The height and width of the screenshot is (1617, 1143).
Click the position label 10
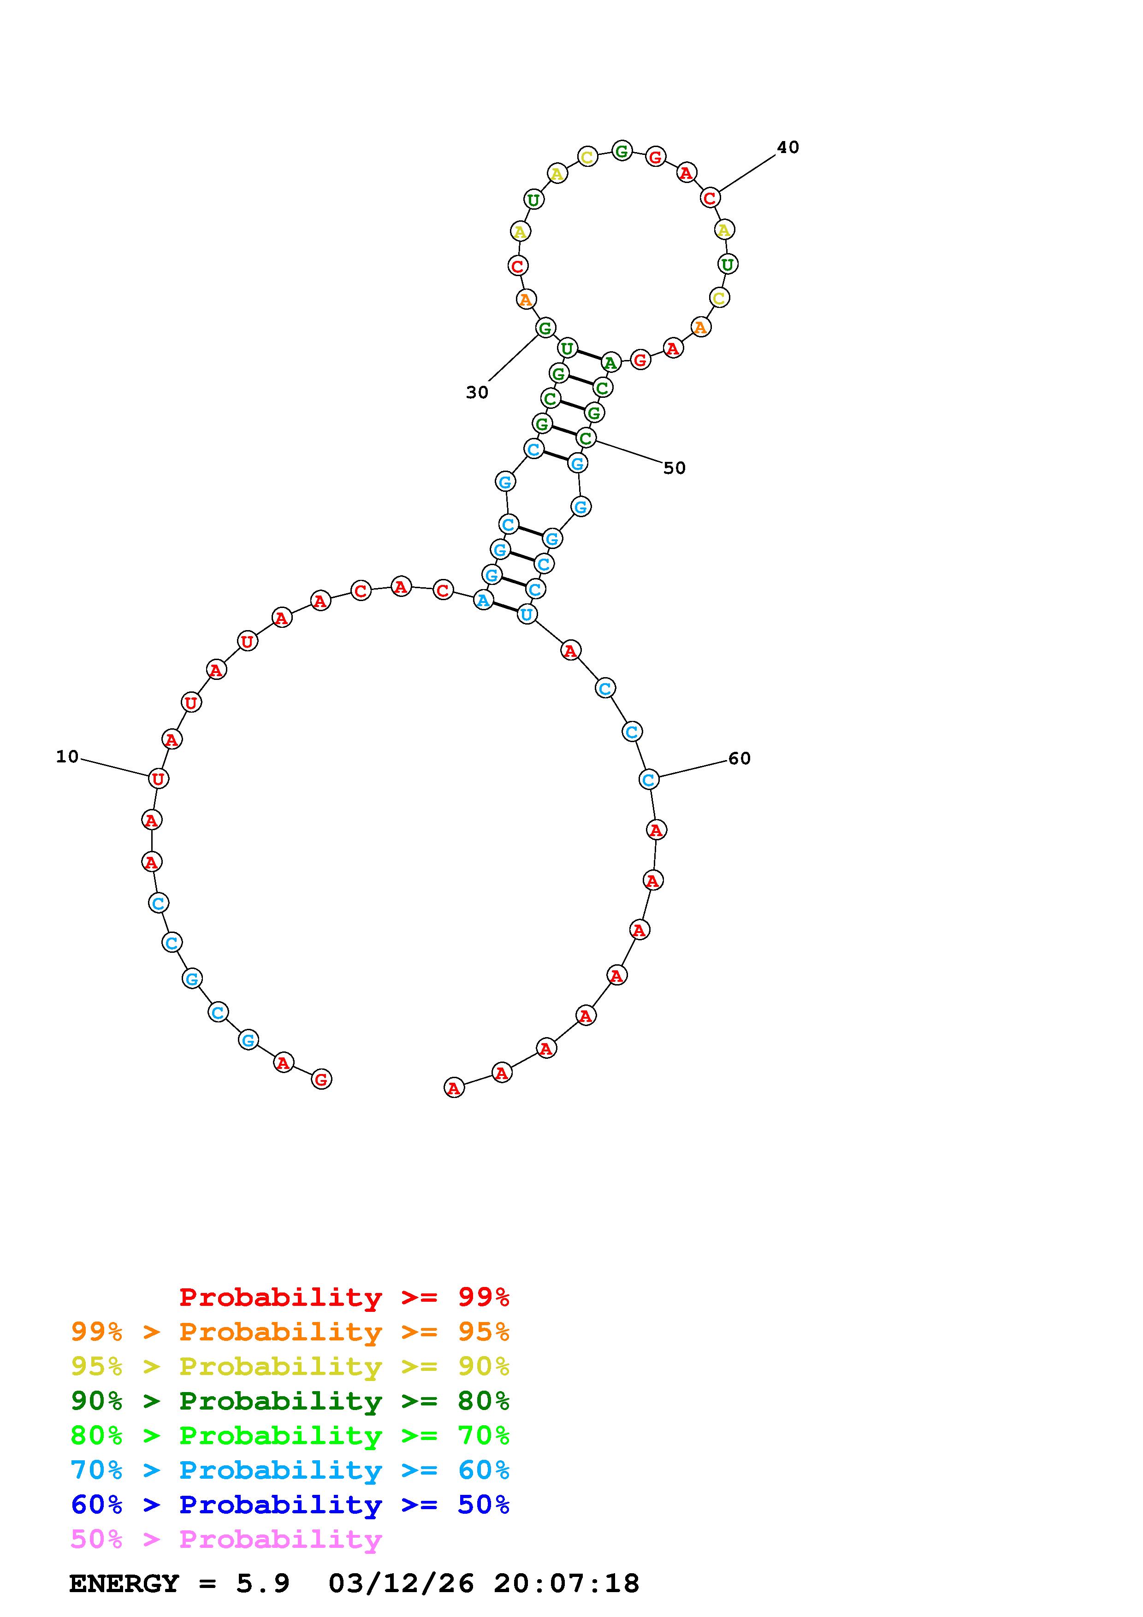coord(68,756)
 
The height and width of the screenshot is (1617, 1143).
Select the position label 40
coord(788,147)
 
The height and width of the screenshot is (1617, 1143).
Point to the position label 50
coord(674,468)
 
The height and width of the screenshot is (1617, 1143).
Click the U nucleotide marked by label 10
coord(159,779)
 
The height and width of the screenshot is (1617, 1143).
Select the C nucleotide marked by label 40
coord(710,198)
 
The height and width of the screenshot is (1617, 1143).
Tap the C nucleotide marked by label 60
coord(649,779)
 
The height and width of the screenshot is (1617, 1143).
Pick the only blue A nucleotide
coord(483,600)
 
